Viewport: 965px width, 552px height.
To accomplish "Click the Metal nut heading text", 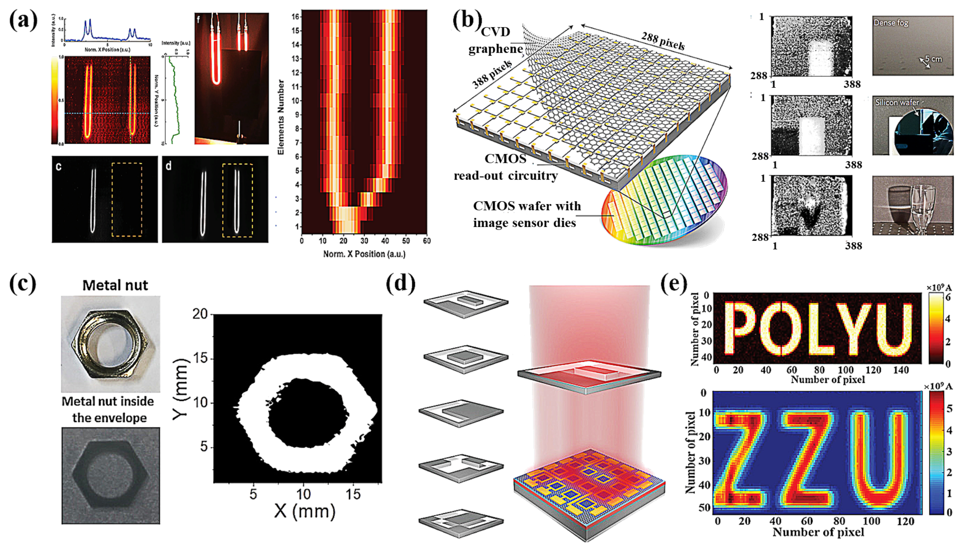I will [x=115, y=285].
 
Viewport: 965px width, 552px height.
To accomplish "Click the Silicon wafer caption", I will [x=896, y=102].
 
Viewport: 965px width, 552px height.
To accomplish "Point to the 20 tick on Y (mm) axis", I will [x=201, y=314].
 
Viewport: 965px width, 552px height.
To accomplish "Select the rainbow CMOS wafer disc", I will [x=663, y=201].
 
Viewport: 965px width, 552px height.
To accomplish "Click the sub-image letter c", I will [x=58, y=167].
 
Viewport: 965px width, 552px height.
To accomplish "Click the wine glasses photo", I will [x=912, y=205].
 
